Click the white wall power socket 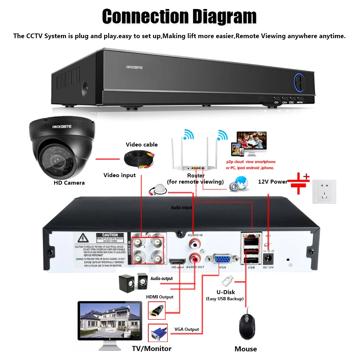[x=324, y=192]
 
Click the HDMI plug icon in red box [x=157, y=310]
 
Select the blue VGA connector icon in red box [x=157, y=333]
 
